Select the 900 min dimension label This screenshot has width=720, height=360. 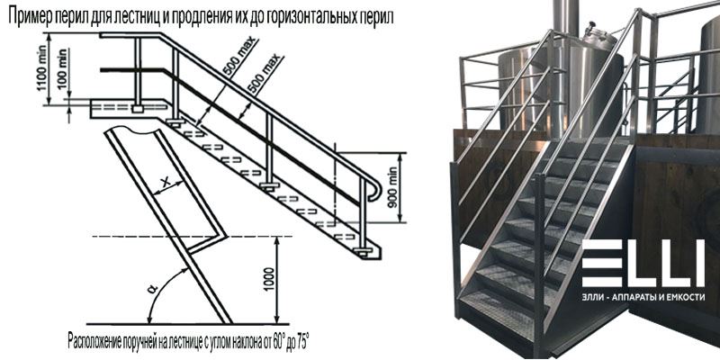[x=393, y=188]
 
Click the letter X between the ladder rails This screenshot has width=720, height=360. [x=166, y=183]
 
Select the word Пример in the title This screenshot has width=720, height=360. [x=30, y=17]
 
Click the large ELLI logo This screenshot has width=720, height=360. [x=643, y=263]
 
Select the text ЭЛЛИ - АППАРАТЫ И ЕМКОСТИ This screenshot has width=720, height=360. [x=643, y=298]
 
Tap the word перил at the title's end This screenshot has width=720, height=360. [x=376, y=17]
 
